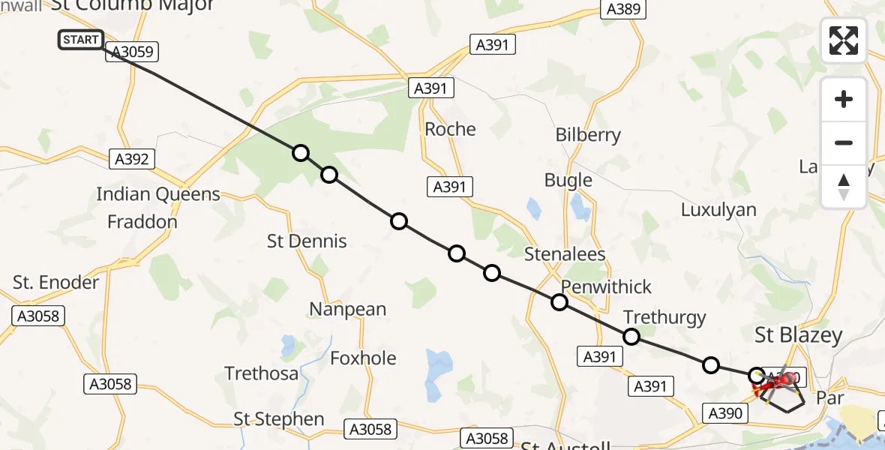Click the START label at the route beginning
80,40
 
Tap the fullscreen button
844,40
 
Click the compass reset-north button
844,187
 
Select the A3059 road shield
133,52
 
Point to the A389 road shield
623,10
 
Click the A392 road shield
132,159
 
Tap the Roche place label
450,129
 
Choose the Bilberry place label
588,135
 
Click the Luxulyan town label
718,209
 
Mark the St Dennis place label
307,241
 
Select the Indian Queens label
158,194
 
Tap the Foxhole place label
363,358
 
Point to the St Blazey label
799,335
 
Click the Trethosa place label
262,373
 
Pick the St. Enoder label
56,283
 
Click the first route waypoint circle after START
301,153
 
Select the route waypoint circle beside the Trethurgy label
631,337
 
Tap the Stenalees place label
565,254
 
